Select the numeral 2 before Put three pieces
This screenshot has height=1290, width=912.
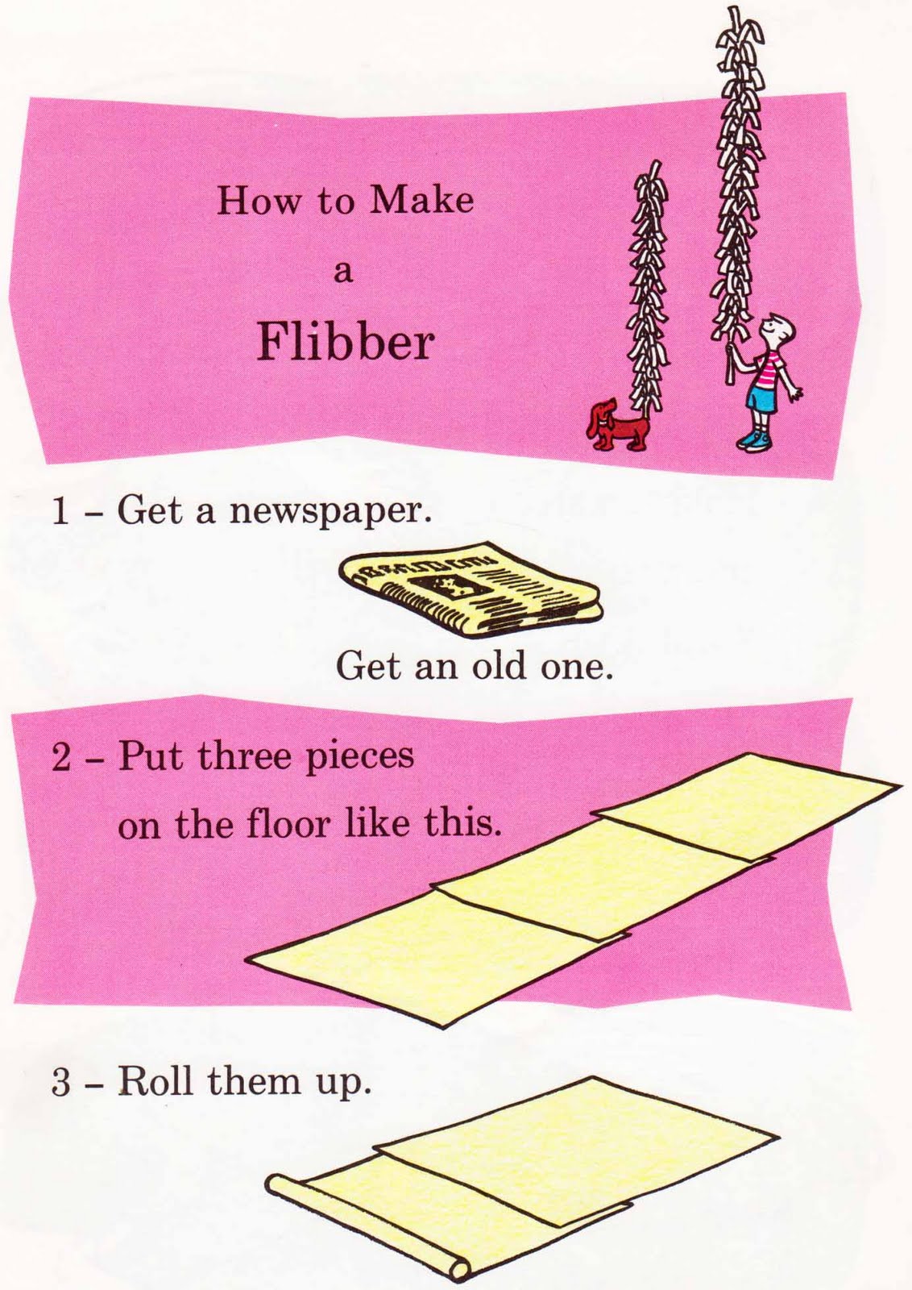[60, 759]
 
